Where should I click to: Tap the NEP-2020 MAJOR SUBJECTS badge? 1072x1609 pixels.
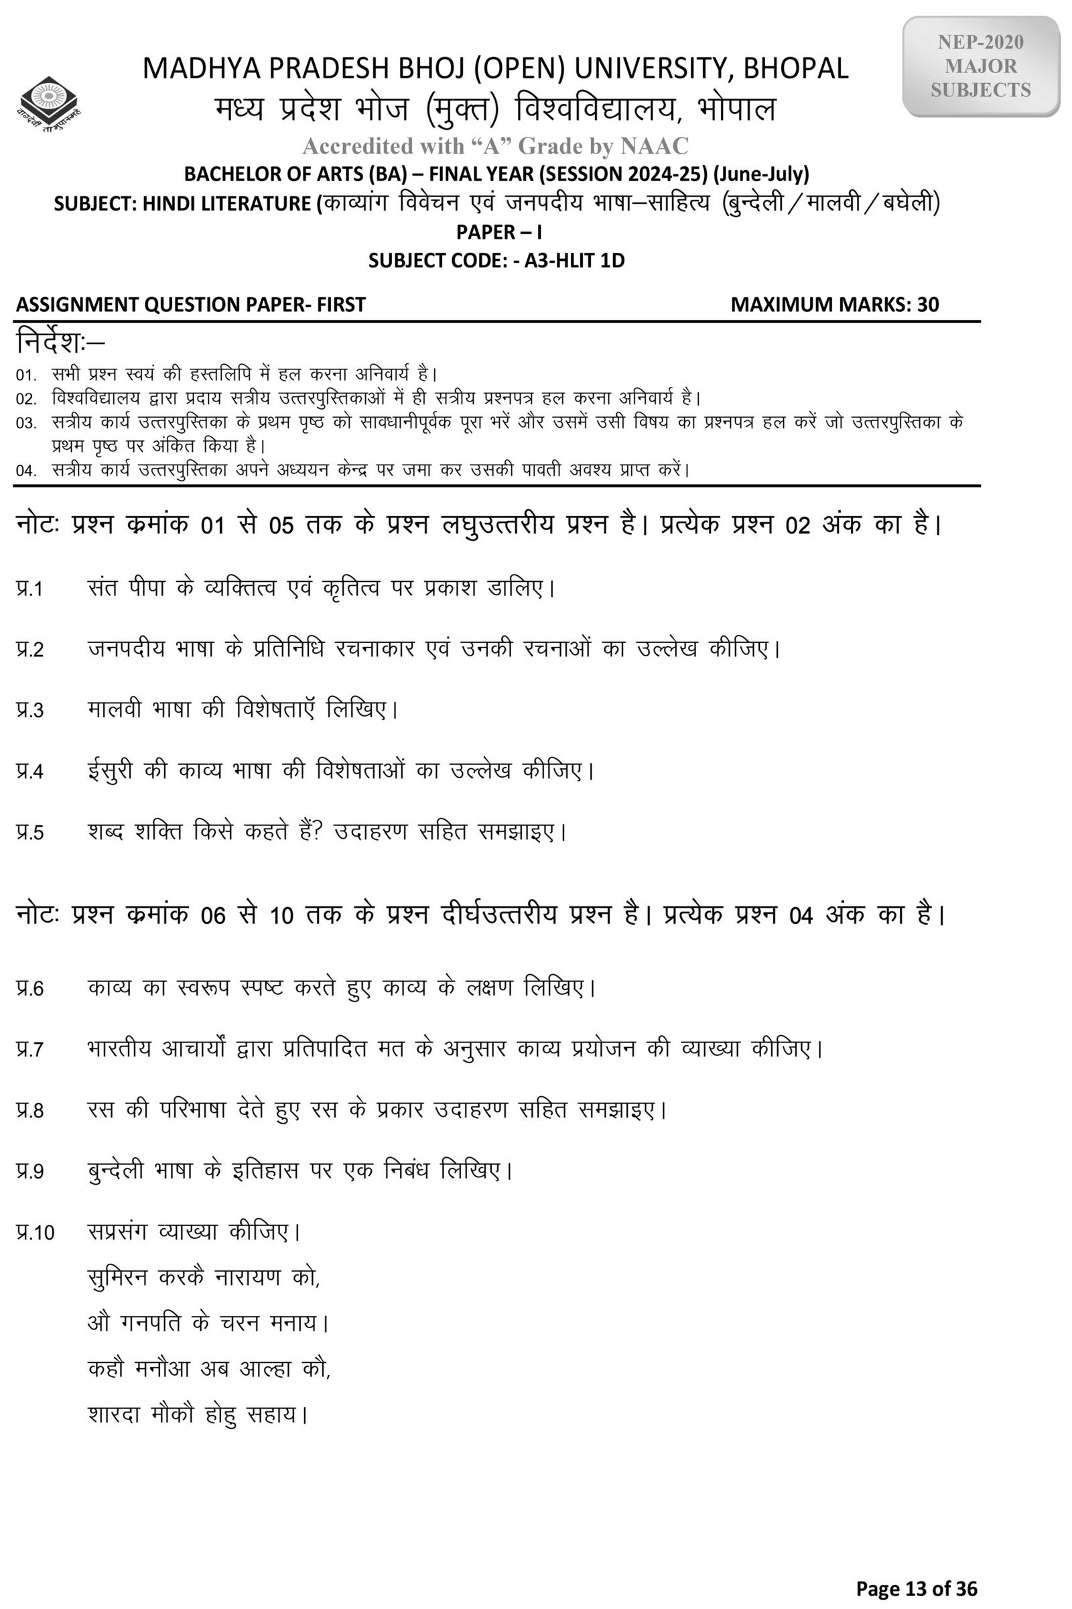[980, 66]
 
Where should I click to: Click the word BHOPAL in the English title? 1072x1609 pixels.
[795, 68]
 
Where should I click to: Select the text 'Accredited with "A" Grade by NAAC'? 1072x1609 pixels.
[495, 145]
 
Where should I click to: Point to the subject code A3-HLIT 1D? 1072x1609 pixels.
[574, 261]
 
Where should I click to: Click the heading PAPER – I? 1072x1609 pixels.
[499, 232]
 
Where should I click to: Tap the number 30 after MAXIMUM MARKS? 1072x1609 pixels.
[928, 304]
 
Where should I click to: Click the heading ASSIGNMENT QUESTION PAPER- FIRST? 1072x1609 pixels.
[191, 304]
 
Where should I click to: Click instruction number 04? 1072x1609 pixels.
[26, 471]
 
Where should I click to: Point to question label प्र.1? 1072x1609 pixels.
[30, 589]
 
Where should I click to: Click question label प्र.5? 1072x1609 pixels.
[30, 833]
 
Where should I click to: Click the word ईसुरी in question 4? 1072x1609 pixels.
[109, 771]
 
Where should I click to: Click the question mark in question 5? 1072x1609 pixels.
[317, 832]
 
